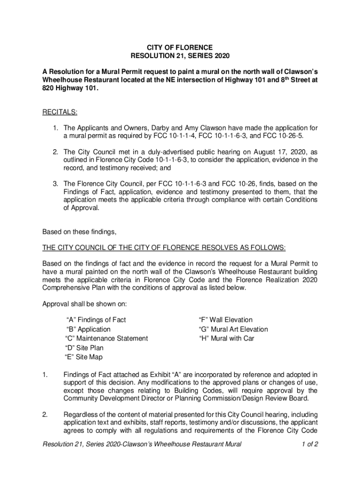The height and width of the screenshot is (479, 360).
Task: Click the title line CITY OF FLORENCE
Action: [180, 48]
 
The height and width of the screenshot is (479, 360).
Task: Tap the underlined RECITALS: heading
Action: [60, 112]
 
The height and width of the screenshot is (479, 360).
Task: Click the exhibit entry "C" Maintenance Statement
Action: [106, 339]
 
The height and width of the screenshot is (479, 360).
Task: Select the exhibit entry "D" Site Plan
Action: [84, 348]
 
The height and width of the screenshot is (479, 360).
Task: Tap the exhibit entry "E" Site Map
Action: [84, 357]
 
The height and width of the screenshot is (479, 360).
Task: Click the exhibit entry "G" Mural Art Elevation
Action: [233, 329]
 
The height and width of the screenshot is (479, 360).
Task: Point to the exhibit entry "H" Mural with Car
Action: [226, 339]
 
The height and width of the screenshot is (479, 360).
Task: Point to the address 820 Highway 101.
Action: [70, 88]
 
